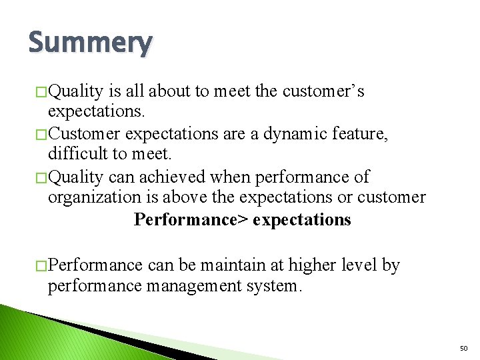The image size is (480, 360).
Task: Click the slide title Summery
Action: tap(90, 43)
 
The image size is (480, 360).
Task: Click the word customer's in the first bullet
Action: tap(323, 91)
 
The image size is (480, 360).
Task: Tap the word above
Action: tap(211, 198)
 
